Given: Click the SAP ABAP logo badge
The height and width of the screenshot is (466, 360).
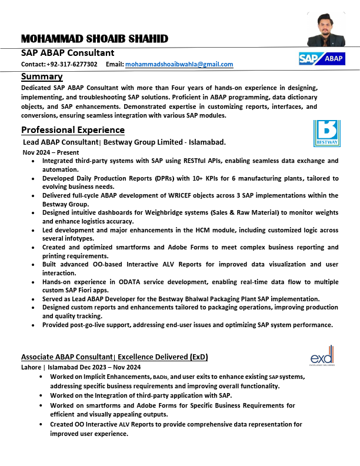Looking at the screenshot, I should pyautogui.click(x=321, y=58).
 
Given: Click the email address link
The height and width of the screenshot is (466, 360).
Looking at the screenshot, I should pyautogui.click(x=179, y=64).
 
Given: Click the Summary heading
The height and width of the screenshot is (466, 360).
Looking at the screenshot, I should pyautogui.click(x=42, y=76).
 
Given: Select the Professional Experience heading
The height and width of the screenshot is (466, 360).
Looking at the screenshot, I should pyautogui.click(x=73, y=129).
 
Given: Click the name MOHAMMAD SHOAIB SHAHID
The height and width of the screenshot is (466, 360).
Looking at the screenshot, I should pyautogui.click(x=95, y=39).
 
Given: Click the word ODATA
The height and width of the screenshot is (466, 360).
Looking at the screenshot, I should pyautogui.click(x=136, y=282).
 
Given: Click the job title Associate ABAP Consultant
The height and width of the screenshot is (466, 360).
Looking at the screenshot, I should pyautogui.click(x=66, y=357).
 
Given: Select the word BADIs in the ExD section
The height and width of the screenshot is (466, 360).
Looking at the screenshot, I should pyautogui.click(x=161, y=377).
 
